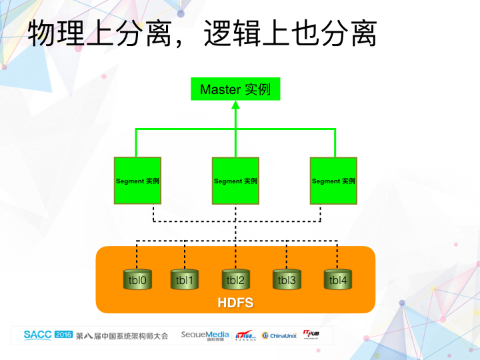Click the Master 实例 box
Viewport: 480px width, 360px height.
[235, 89]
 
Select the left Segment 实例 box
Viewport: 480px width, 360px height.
[137, 181]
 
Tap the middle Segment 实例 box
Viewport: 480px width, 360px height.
[235, 181]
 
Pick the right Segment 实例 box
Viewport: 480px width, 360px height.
[333, 181]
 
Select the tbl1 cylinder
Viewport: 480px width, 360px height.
[185, 280]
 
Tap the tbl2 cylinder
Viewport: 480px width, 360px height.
[235, 280]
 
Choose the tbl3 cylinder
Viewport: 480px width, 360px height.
[287, 280]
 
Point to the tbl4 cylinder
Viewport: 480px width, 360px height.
[338, 280]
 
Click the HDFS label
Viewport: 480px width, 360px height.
[235, 303]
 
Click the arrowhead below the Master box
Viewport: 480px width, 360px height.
[235, 105]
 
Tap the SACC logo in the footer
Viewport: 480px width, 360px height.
[37, 335]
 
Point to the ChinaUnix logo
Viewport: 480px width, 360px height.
[279, 335]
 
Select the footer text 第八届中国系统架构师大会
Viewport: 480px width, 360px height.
[122, 335]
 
